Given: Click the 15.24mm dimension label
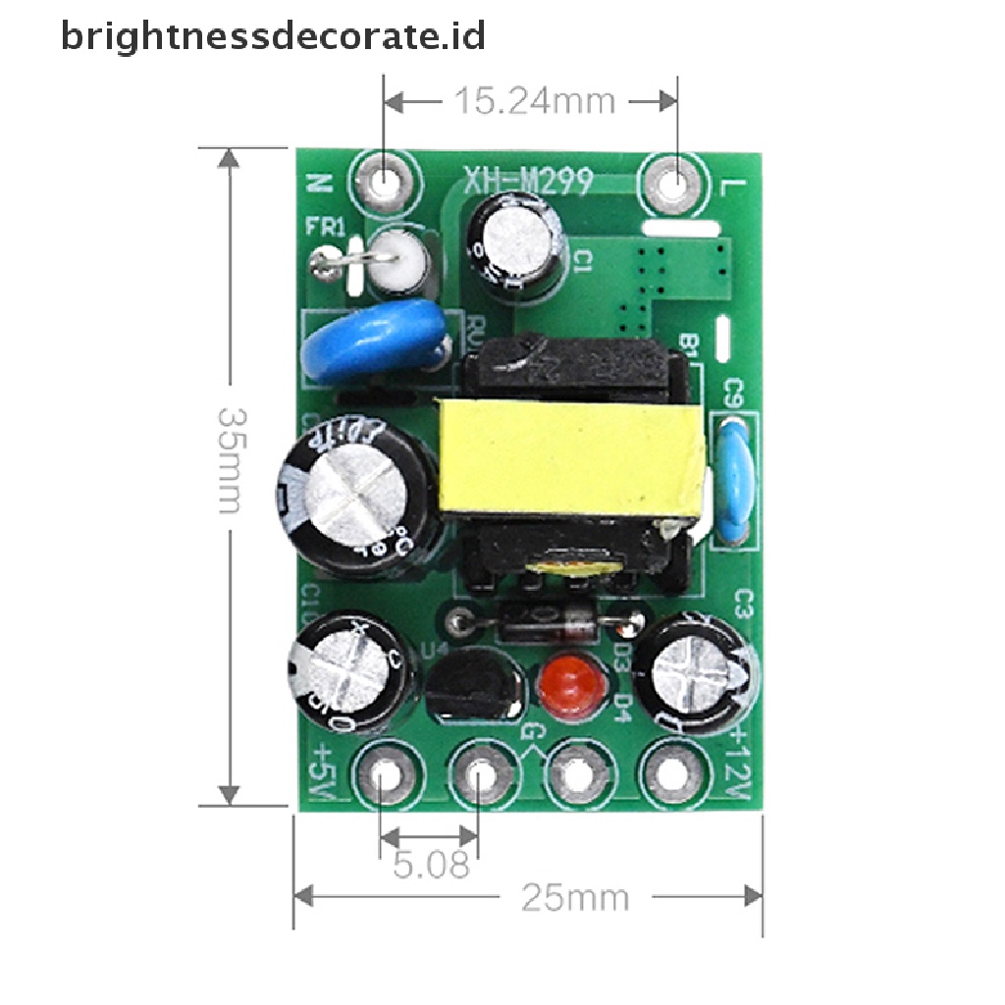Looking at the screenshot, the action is (x=533, y=100).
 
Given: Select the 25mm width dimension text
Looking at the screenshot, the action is (x=575, y=897).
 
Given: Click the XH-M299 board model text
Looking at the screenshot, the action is (x=527, y=180).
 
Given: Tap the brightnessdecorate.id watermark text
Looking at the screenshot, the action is (x=273, y=36).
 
